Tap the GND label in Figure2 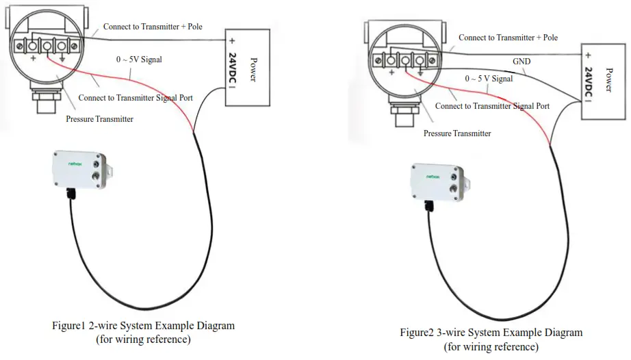coord(522,61)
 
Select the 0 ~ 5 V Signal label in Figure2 coord(489,79)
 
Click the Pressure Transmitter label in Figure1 coord(99,119)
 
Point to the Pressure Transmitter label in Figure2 coord(457,133)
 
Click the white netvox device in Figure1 coord(80,170)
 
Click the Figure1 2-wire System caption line coord(143,326)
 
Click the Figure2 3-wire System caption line coord(491,333)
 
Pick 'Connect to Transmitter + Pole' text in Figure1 coord(153,27)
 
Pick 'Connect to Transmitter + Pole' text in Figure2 coord(508,38)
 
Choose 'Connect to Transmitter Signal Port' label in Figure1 coord(136,98)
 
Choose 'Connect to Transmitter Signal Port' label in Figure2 coord(492,106)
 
